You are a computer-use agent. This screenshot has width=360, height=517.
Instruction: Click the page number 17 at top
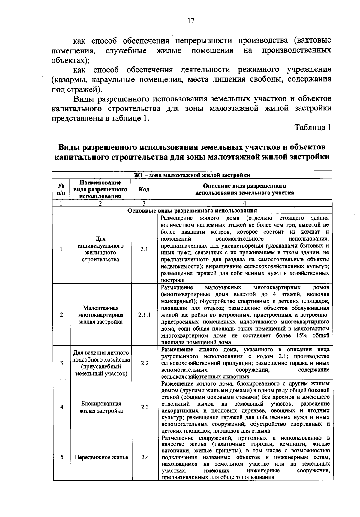(x=191, y=21)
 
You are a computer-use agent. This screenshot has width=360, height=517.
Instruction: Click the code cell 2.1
(x=144, y=249)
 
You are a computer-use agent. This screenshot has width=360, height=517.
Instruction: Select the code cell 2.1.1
(x=144, y=315)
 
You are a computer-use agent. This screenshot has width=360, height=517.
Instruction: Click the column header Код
(x=144, y=189)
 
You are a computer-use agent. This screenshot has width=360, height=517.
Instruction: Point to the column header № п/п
(x=61, y=189)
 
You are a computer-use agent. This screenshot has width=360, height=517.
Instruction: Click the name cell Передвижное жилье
(x=101, y=457)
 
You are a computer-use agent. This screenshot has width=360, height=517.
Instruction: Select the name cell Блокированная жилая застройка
(x=101, y=407)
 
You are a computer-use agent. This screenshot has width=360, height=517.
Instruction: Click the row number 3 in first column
(x=61, y=363)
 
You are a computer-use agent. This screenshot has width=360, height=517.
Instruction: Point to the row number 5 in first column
(x=61, y=457)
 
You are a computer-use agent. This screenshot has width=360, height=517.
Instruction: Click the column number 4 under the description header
(x=244, y=203)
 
